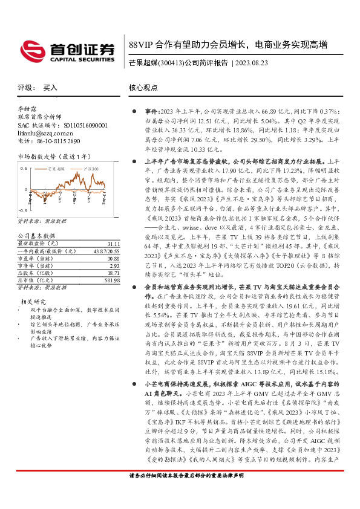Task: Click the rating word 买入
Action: click(50, 88)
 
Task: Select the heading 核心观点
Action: click(145, 88)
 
